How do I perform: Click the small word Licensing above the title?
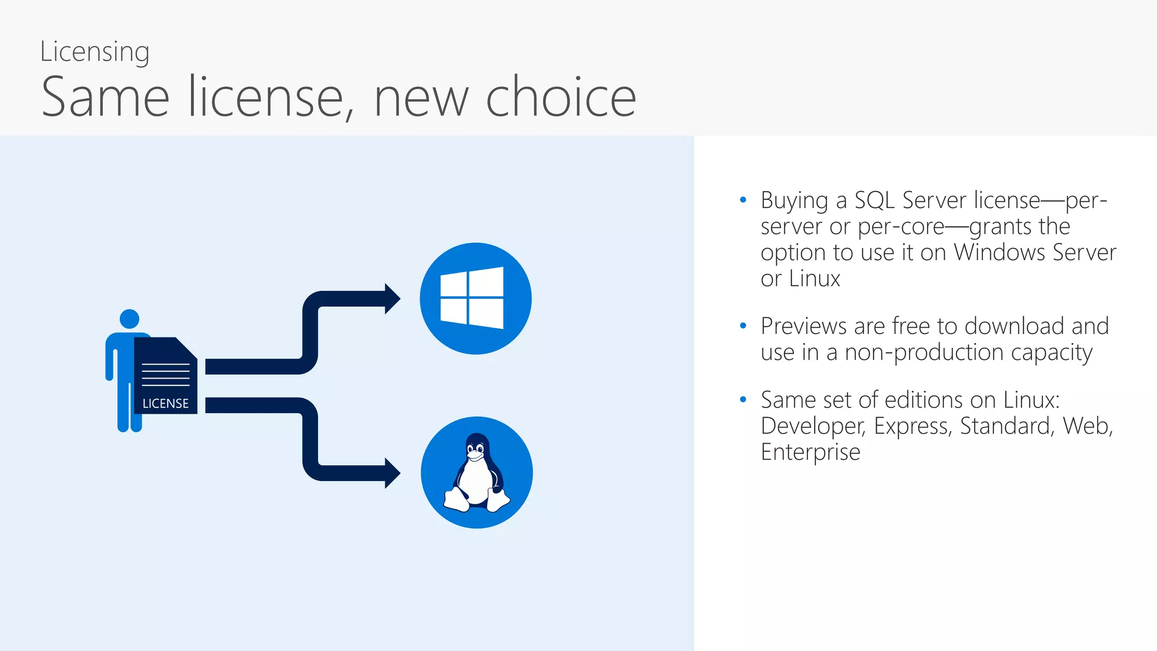point(94,52)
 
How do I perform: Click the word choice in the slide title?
point(560,97)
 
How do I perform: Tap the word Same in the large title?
point(106,97)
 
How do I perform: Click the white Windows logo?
point(472,298)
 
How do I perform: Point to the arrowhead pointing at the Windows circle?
point(392,298)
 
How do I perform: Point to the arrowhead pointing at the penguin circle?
point(392,473)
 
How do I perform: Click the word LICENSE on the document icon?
point(166,403)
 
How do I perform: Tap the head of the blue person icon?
point(129,319)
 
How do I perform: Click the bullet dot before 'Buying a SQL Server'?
point(743,200)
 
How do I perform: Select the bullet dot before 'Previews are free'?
point(743,326)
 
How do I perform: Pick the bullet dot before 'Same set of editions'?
point(743,400)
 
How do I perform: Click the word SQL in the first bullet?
point(874,201)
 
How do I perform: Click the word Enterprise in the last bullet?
point(810,452)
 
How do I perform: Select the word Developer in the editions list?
point(812,426)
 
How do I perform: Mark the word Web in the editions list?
point(1087,426)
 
